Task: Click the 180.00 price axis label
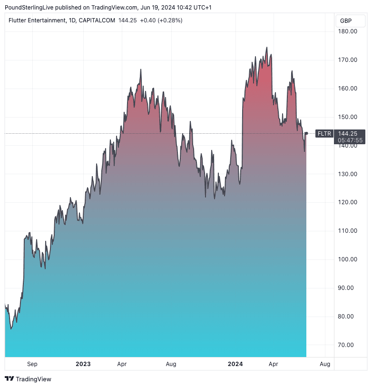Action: click(x=347, y=31)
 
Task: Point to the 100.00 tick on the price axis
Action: click(x=347, y=259)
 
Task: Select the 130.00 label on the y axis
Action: click(x=347, y=174)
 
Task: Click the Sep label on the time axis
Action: click(x=32, y=364)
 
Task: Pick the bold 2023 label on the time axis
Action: click(x=83, y=364)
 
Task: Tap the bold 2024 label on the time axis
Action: click(x=235, y=364)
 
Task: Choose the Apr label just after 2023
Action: click(x=122, y=364)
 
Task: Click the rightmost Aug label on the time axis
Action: click(x=325, y=364)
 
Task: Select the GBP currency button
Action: click(x=346, y=21)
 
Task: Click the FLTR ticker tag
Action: click(x=324, y=134)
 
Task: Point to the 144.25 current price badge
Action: click(x=350, y=133)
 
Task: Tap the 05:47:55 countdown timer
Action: click(x=350, y=140)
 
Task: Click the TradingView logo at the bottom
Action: click(x=28, y=379)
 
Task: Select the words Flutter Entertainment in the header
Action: click(x=35, y=20)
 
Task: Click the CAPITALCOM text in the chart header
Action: click(x=97, y=20)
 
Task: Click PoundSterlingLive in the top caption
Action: click(x=29, y=7)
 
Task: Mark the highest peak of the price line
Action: click(x=267, y=48)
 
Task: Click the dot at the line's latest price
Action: click(x=306, y=133)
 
